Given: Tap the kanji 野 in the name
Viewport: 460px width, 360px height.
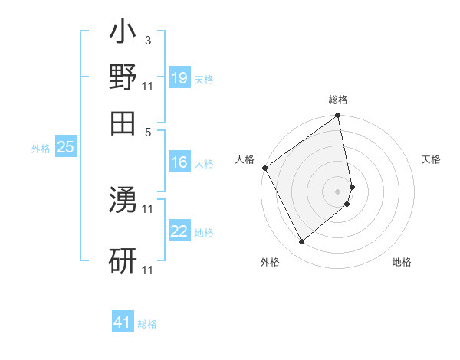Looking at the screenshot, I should tap(123, 77).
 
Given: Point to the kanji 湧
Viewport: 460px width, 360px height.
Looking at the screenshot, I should tap(123, 201).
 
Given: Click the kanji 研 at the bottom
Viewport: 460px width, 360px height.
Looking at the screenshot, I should tap(123, 261).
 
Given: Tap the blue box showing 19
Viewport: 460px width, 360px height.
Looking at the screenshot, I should tap(179, 78).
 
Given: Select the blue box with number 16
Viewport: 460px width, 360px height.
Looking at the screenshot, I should tap(179, 162).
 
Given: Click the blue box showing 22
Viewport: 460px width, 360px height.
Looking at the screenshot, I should tap(179, 231).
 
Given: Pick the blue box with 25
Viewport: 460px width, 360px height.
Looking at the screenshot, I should tap(65, 147).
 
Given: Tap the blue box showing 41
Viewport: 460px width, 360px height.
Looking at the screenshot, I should tap(123, 322).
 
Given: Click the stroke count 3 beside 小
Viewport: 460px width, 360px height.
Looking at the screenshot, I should tap(147, 40).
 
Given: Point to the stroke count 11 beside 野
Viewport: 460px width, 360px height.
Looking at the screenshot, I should tap(148, 84).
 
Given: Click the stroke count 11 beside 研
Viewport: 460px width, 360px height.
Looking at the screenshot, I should tap(148, 270).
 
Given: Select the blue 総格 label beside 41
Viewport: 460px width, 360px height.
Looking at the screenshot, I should tap(147, 324).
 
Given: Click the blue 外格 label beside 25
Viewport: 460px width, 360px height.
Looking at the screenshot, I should tap(41, 149).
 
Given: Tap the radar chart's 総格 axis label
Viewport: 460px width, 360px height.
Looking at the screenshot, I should tap(338, 100).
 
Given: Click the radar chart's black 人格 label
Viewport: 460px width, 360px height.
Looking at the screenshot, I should tap(245, 159).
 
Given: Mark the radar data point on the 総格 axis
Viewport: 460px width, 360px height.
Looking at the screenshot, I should tap(337, 116).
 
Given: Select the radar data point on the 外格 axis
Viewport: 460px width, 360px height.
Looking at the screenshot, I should tap(301, 242).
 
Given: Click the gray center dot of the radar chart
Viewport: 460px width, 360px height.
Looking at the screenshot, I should tap(337, 190).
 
